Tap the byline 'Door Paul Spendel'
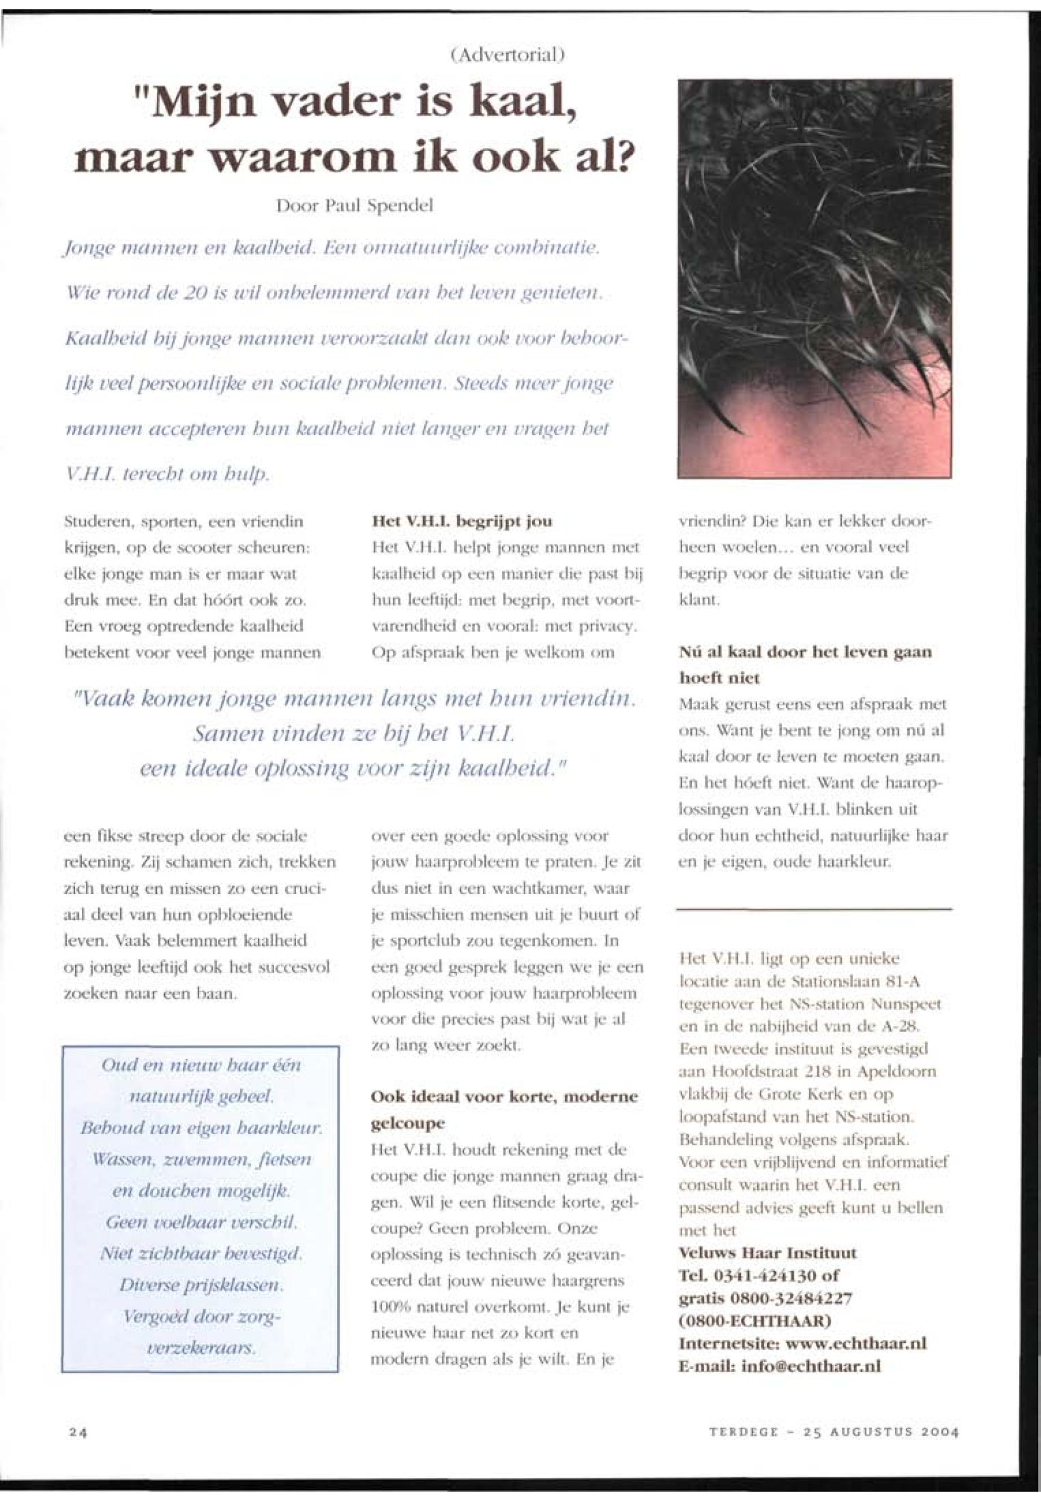(355, 206)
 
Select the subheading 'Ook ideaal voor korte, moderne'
(504, 1096)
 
